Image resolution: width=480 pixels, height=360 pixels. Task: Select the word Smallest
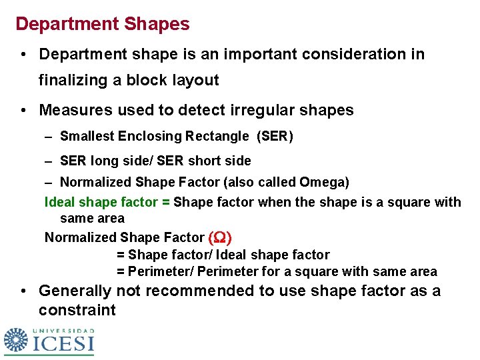coord(87,137)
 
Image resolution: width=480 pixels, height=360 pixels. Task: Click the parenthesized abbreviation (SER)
coord(275,137)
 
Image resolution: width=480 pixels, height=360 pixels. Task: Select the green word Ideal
coord(60,202)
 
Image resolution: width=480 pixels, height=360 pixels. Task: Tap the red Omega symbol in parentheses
coord(220,237)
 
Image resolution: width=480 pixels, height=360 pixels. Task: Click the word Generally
coord(75,291)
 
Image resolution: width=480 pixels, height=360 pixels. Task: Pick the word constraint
coord(77,311)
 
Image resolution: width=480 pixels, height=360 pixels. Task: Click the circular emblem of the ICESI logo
coord(15,341)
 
